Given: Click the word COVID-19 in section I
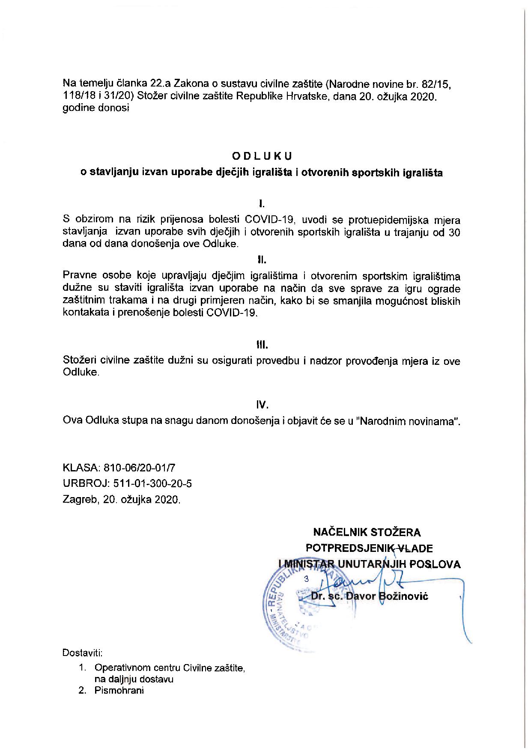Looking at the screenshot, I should pos(270,220).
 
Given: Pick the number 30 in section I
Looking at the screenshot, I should pos(454,232).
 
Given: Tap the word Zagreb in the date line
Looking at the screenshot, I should pos(80,499).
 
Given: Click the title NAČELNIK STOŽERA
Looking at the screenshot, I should pos(367,532).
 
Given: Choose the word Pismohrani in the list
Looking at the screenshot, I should pos(119,690).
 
